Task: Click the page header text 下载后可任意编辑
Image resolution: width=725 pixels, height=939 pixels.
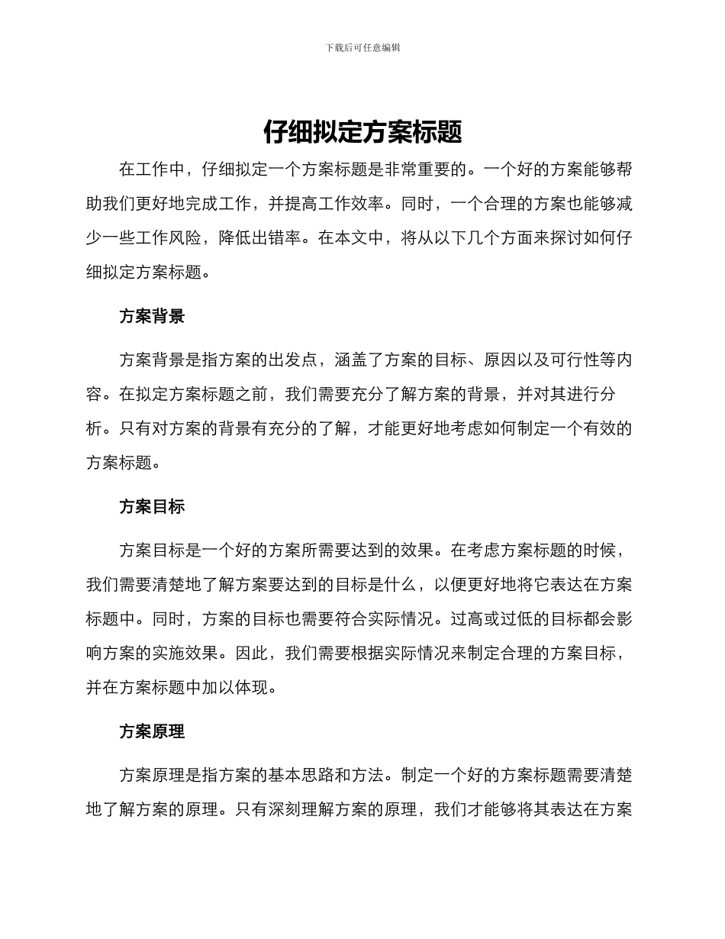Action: tap(362, 47)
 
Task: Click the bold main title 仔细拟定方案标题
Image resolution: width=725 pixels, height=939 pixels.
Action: tap(362, 132)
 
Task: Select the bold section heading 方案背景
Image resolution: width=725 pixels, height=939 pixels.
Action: tap(152, 316)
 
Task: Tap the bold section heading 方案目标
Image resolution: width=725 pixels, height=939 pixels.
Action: tap(152, 507)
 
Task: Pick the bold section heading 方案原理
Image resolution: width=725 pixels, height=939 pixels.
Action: tap(152, 731)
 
